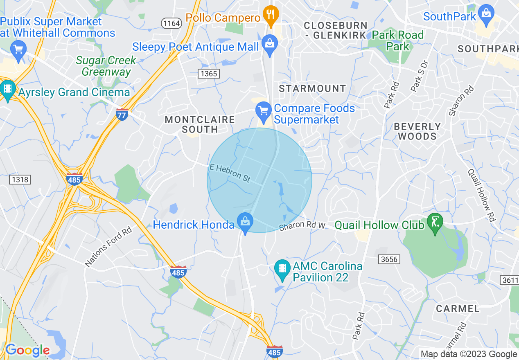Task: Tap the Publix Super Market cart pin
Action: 18,50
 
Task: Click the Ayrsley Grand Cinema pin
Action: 7,90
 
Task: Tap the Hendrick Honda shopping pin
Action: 245,223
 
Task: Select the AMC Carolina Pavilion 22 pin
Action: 282,270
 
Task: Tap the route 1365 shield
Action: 208,74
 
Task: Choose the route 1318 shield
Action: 20,180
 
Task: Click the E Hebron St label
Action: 230,173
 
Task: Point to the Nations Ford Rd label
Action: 108,248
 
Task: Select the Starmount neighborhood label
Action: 312,88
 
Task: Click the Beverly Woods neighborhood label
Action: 417,131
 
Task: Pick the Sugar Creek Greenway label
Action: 106,66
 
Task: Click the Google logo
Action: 27,350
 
